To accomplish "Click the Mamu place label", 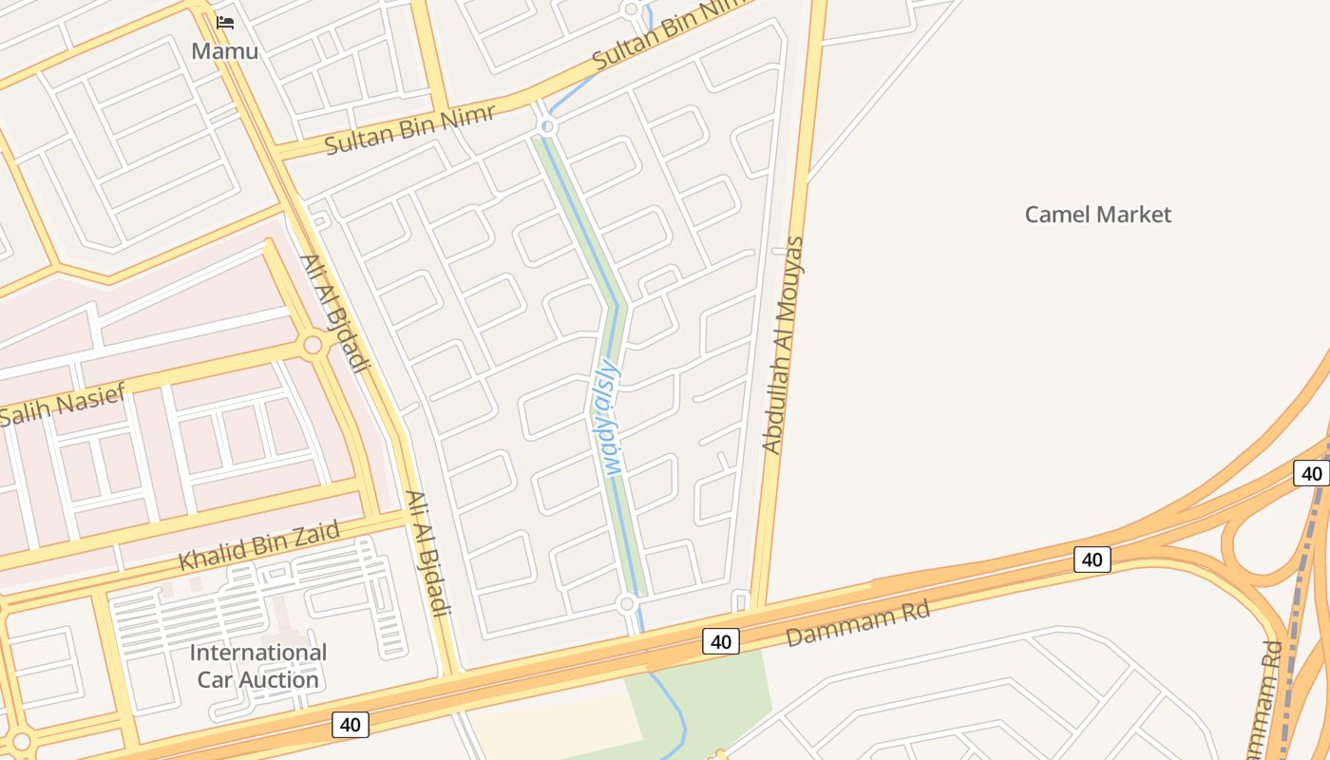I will click(x=224, y=50).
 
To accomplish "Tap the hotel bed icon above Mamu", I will click(x=225, y=22).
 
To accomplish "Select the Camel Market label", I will click(x=1097, y=214).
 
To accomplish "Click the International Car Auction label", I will click(x=257, y=666).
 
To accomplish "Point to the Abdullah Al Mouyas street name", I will click(x=784, y=345).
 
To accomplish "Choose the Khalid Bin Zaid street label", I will click(x=258, y=545).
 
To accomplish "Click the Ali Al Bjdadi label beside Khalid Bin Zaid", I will click(x=426, y=553).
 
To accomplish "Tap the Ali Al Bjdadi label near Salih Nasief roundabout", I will click(x=333, y=312).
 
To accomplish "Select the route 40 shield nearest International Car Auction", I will click(x=350, y=725).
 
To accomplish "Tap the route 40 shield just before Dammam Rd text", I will click(x=721, y=641).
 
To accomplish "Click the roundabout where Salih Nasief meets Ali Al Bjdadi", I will click(x=313, y=345).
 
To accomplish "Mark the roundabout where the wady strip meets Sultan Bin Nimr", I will click(x=546, y=125).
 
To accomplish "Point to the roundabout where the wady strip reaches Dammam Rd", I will click(x=626, y=603).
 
